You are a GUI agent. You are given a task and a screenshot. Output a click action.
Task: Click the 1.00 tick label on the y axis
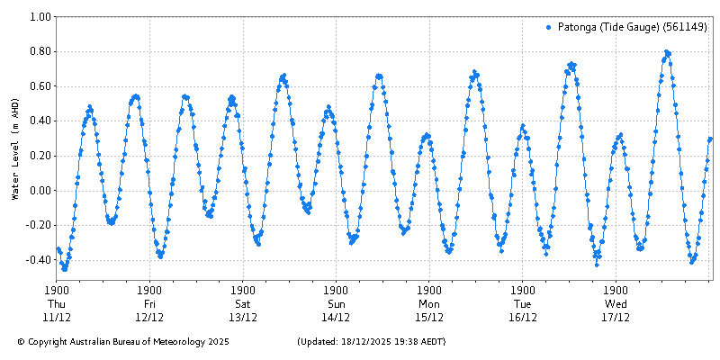tap(39, 16)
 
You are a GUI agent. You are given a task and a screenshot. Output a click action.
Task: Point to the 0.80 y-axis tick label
tap(39, 51)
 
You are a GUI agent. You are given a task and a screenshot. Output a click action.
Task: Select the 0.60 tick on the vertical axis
tap(39, 86)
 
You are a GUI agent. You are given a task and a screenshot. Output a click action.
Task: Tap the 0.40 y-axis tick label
tap(39, 121)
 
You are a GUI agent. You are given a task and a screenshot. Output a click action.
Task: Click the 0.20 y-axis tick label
tap(39, 156)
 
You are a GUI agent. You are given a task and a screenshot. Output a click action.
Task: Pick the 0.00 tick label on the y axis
tap(39, 191)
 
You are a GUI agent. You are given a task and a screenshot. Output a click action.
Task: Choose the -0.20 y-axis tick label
tap(37, 225)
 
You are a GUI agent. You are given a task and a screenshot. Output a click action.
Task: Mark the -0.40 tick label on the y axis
tap(37, 260)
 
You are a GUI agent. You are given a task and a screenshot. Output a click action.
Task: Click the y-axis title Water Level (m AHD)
tap(15, 148)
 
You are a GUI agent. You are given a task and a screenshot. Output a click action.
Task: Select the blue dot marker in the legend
tap(548, 27)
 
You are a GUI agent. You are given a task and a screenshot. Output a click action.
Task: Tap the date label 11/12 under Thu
tap(57, 317)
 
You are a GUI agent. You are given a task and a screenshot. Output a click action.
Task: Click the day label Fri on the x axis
tap(149, 304)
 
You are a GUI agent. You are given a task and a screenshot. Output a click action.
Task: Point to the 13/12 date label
tap(243, 317)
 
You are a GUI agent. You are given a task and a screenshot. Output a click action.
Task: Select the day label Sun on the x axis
tap(336, 304)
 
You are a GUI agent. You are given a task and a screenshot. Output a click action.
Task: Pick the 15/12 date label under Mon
tap(429, 317)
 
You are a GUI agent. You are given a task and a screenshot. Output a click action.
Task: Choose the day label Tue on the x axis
tap(522, 304)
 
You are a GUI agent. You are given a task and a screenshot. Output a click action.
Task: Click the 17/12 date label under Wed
tap(616, 317)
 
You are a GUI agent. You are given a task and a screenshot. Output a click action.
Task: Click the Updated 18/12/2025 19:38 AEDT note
tap(370, 342)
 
